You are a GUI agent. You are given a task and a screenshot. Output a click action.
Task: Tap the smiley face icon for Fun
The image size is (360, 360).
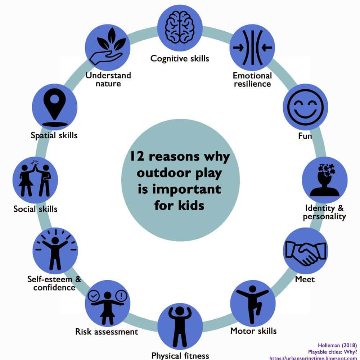coord(305,107)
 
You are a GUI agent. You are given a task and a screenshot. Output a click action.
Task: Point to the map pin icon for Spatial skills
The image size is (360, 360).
coord(55,107)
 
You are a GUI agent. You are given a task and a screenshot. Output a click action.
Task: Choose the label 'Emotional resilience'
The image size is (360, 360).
coord(252,80)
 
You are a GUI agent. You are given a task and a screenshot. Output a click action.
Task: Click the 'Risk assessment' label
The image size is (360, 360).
coord(107,332)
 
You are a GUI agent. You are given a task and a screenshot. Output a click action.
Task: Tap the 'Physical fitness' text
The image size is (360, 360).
coord(180,356)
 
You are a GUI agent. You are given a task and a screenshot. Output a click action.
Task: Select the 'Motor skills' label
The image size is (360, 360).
coord(253,331)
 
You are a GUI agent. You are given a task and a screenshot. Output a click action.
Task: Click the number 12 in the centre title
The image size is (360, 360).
coord(137,156)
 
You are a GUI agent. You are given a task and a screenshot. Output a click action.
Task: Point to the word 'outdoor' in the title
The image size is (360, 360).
coord(164,173)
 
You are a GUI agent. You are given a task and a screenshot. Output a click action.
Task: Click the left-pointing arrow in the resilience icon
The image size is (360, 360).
coord(267,48)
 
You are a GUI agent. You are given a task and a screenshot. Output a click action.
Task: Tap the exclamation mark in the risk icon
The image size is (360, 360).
coord(121,296)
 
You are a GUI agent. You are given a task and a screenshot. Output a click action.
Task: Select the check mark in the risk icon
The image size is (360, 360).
coord(94,296)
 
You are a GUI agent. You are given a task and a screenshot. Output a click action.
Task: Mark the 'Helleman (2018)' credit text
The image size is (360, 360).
coord(337,345)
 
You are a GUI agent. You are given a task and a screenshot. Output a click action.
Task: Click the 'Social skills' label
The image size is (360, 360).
coord(35,209)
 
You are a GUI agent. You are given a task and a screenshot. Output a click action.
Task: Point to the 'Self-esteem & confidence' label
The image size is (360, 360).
coord(54,283)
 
